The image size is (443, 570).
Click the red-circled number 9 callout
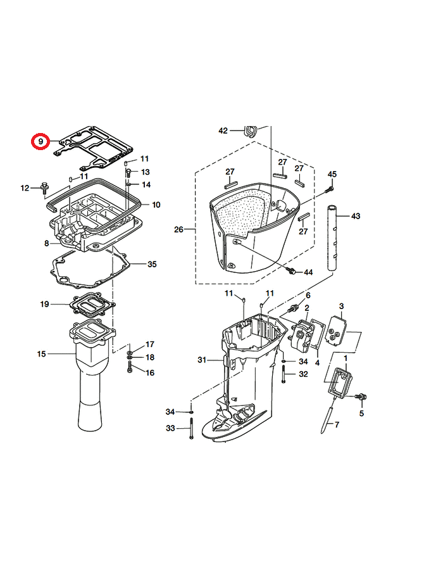41,141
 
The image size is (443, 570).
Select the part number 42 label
223,130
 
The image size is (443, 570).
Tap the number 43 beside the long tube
356,217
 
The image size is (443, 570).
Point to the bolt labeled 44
291,271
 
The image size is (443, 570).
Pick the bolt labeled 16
130,368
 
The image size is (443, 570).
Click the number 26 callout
178,230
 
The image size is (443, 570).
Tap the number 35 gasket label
152,264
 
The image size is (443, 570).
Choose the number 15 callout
41,353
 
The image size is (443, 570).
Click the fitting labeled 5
361,397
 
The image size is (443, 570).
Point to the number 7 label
337,424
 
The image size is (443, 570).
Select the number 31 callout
202,360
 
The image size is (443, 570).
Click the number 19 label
44,304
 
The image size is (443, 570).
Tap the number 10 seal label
156,205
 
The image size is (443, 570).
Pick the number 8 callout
46,243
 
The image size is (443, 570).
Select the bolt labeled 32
284,374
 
